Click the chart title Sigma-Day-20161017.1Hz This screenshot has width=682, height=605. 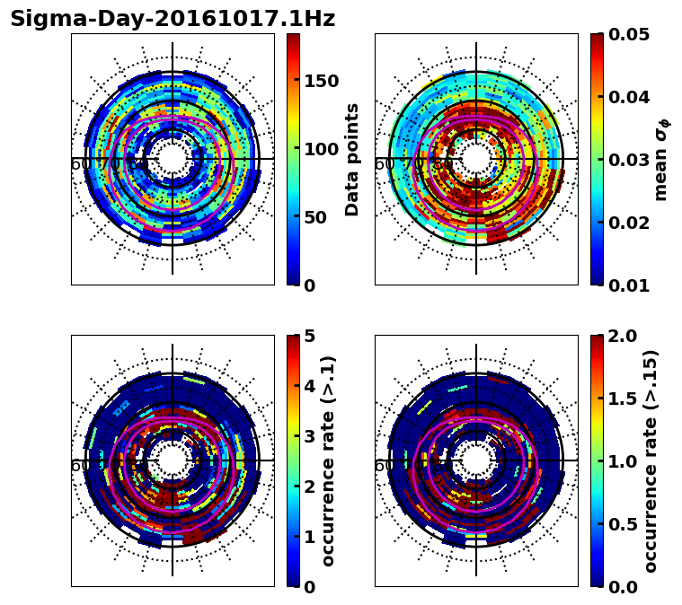pos(173,19)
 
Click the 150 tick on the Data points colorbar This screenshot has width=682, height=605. pos(321,81)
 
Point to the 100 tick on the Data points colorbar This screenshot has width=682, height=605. pos(321,149)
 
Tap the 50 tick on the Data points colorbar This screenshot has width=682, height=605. pos(315,217)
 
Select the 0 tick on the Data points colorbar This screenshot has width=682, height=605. pos(310,285)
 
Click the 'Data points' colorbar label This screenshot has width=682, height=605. pos(353,159)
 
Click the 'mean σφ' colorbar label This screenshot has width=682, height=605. pos(661,160)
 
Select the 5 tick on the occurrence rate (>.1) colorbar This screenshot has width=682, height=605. pos(310,336)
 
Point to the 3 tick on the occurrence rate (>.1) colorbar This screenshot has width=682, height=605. pos(310,436)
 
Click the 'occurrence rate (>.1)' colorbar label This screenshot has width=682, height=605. pos(329,460)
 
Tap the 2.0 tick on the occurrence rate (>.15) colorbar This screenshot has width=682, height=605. pos(618,336)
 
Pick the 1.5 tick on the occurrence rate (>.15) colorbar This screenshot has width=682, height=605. pos(618,399)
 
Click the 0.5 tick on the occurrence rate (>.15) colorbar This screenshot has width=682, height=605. pos(618,524)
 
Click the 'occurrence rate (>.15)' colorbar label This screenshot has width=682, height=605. pos(651,460)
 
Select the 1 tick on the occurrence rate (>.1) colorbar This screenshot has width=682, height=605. pos(310,537)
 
